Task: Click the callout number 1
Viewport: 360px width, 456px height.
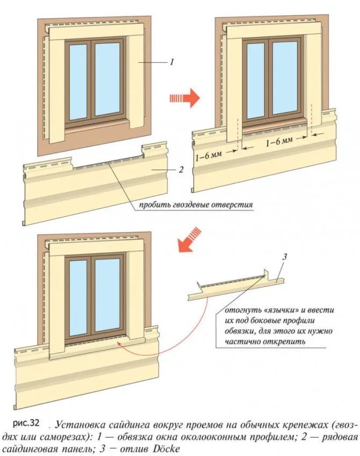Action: [x=171, y=63]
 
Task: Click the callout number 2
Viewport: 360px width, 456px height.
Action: [x=181, y=170]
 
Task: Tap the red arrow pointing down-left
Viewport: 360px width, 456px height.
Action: [x=191, y=240]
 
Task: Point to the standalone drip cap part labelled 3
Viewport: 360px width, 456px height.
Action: [x=236, y=287]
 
